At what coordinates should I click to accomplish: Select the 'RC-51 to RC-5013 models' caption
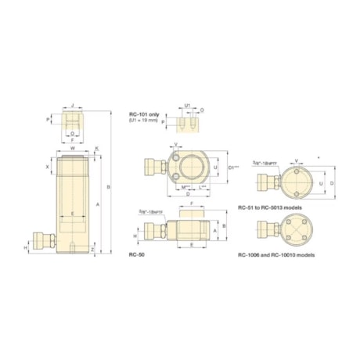coord(268,208)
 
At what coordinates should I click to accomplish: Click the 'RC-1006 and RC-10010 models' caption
coord(275,254)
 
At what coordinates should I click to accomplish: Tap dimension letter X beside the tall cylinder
coord(48,167)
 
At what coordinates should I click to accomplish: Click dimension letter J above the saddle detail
coord(72,104)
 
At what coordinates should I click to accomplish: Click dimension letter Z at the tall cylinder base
coord(93,250)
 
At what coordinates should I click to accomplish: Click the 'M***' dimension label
coord(185,186)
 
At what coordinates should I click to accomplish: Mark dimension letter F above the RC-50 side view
coord(192,202)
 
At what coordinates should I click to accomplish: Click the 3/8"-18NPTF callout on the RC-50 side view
coord(148,212)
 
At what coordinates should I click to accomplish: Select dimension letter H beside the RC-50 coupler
coord(136,233)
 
